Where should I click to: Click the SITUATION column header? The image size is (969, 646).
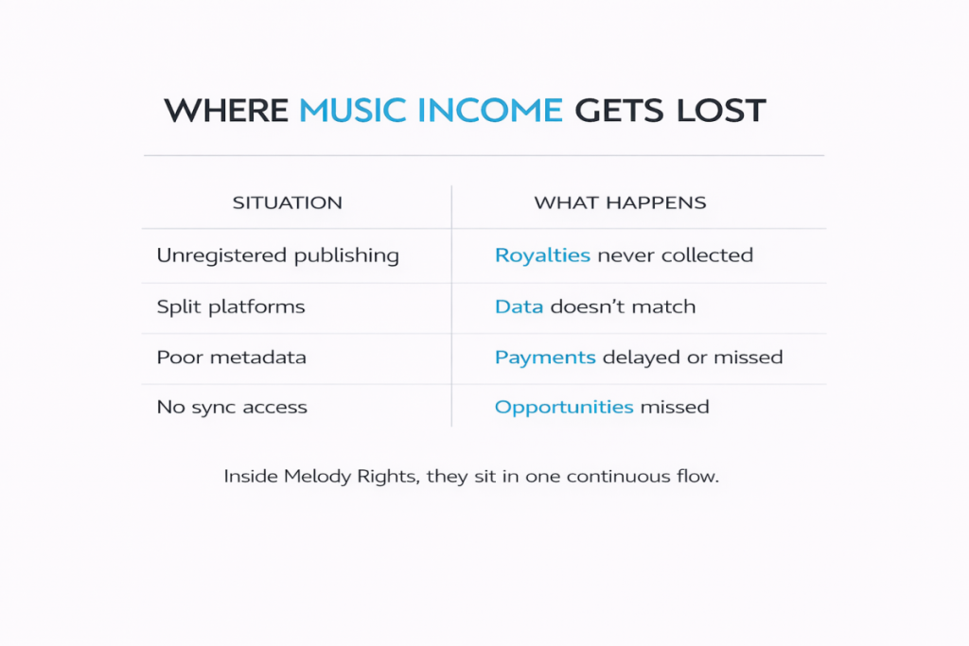pos(288,203)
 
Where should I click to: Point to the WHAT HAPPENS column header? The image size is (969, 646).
pos(620,203)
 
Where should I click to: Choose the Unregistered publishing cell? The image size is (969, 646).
pos(277,255)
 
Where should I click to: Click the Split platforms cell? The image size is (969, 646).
pos(231,306)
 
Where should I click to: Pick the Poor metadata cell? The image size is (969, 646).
pos(231,358)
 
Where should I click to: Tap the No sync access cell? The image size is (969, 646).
pos(232,408)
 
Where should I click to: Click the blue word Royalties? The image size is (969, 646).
pos(542,255)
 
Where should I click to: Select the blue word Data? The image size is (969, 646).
pos(520,306)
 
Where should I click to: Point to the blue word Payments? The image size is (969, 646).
pos(545,358)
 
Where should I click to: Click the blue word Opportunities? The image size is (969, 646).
pos(564,408)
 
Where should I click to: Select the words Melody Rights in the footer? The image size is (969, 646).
pos(351,477)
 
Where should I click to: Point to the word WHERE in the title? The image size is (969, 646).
pos(226,111)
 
